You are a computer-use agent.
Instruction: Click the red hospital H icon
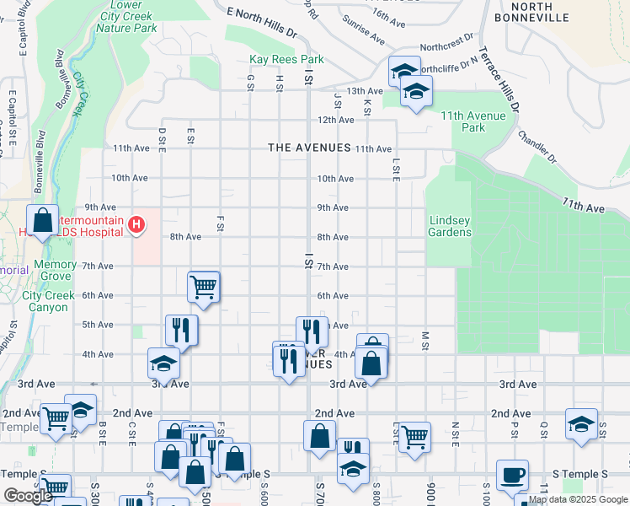136,225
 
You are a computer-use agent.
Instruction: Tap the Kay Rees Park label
286,60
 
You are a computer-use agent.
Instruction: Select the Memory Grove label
55,271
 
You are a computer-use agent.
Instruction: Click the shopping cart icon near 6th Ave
204,287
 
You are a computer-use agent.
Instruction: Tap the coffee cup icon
512,476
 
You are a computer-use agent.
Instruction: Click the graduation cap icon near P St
581,423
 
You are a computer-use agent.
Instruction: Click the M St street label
426,340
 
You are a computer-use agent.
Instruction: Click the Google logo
28,496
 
